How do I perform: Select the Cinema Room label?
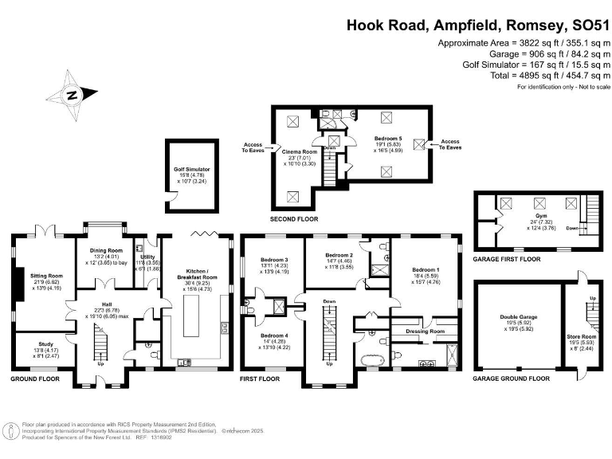299,151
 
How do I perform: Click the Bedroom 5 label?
388,138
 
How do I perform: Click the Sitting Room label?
45,276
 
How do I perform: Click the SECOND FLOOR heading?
293,218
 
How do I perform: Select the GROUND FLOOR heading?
35,379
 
